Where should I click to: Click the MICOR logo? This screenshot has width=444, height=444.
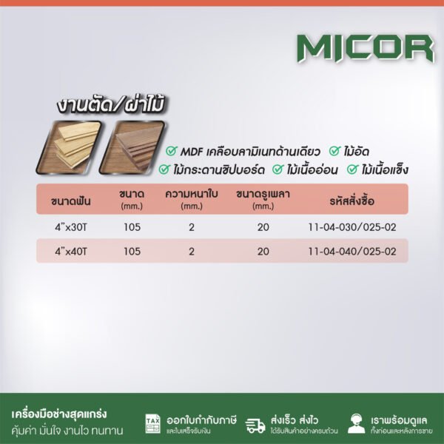(x=365, y=48)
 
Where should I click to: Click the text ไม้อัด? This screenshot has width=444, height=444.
(x=360, y=151)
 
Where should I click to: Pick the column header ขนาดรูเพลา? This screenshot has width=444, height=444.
(x=263, y=196)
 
